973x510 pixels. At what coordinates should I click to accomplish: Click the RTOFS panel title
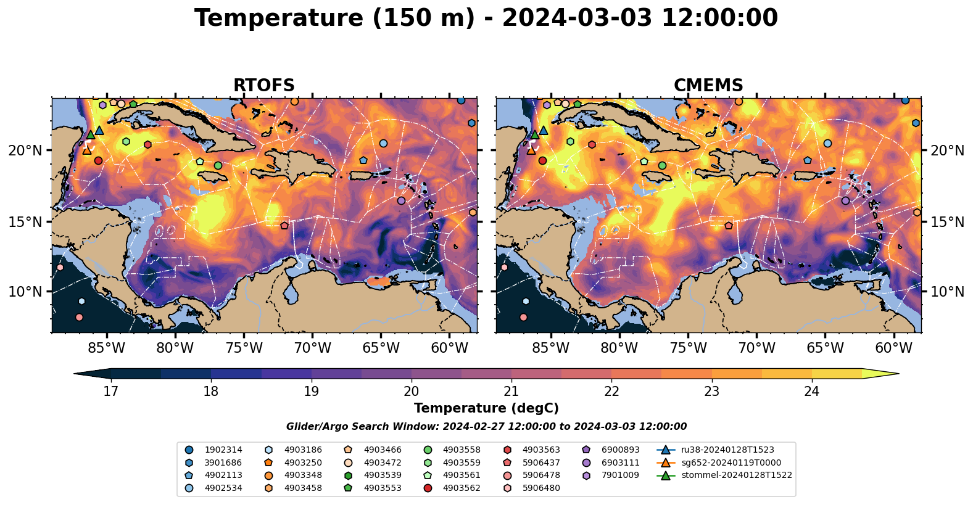263,86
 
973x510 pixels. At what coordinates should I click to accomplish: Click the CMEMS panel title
708,86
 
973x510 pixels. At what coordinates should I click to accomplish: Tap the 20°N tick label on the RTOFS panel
25,151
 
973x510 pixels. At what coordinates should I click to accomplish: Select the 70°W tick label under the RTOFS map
312,348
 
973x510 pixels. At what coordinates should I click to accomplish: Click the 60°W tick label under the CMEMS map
893,348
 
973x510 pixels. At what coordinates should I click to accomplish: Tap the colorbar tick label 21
511,392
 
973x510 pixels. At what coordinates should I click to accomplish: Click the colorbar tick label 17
110,392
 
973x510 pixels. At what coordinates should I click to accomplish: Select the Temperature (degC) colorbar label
486,408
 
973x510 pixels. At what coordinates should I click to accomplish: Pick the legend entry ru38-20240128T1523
727,450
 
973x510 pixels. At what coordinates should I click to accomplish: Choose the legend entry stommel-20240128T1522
736,475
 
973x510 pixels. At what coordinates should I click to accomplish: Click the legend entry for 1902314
223,450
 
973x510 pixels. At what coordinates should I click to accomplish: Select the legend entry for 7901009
620,475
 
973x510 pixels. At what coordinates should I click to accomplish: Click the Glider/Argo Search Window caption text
486,427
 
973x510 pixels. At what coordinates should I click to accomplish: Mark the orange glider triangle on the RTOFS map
87,150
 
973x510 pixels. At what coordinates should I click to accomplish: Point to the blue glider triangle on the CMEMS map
544,131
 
